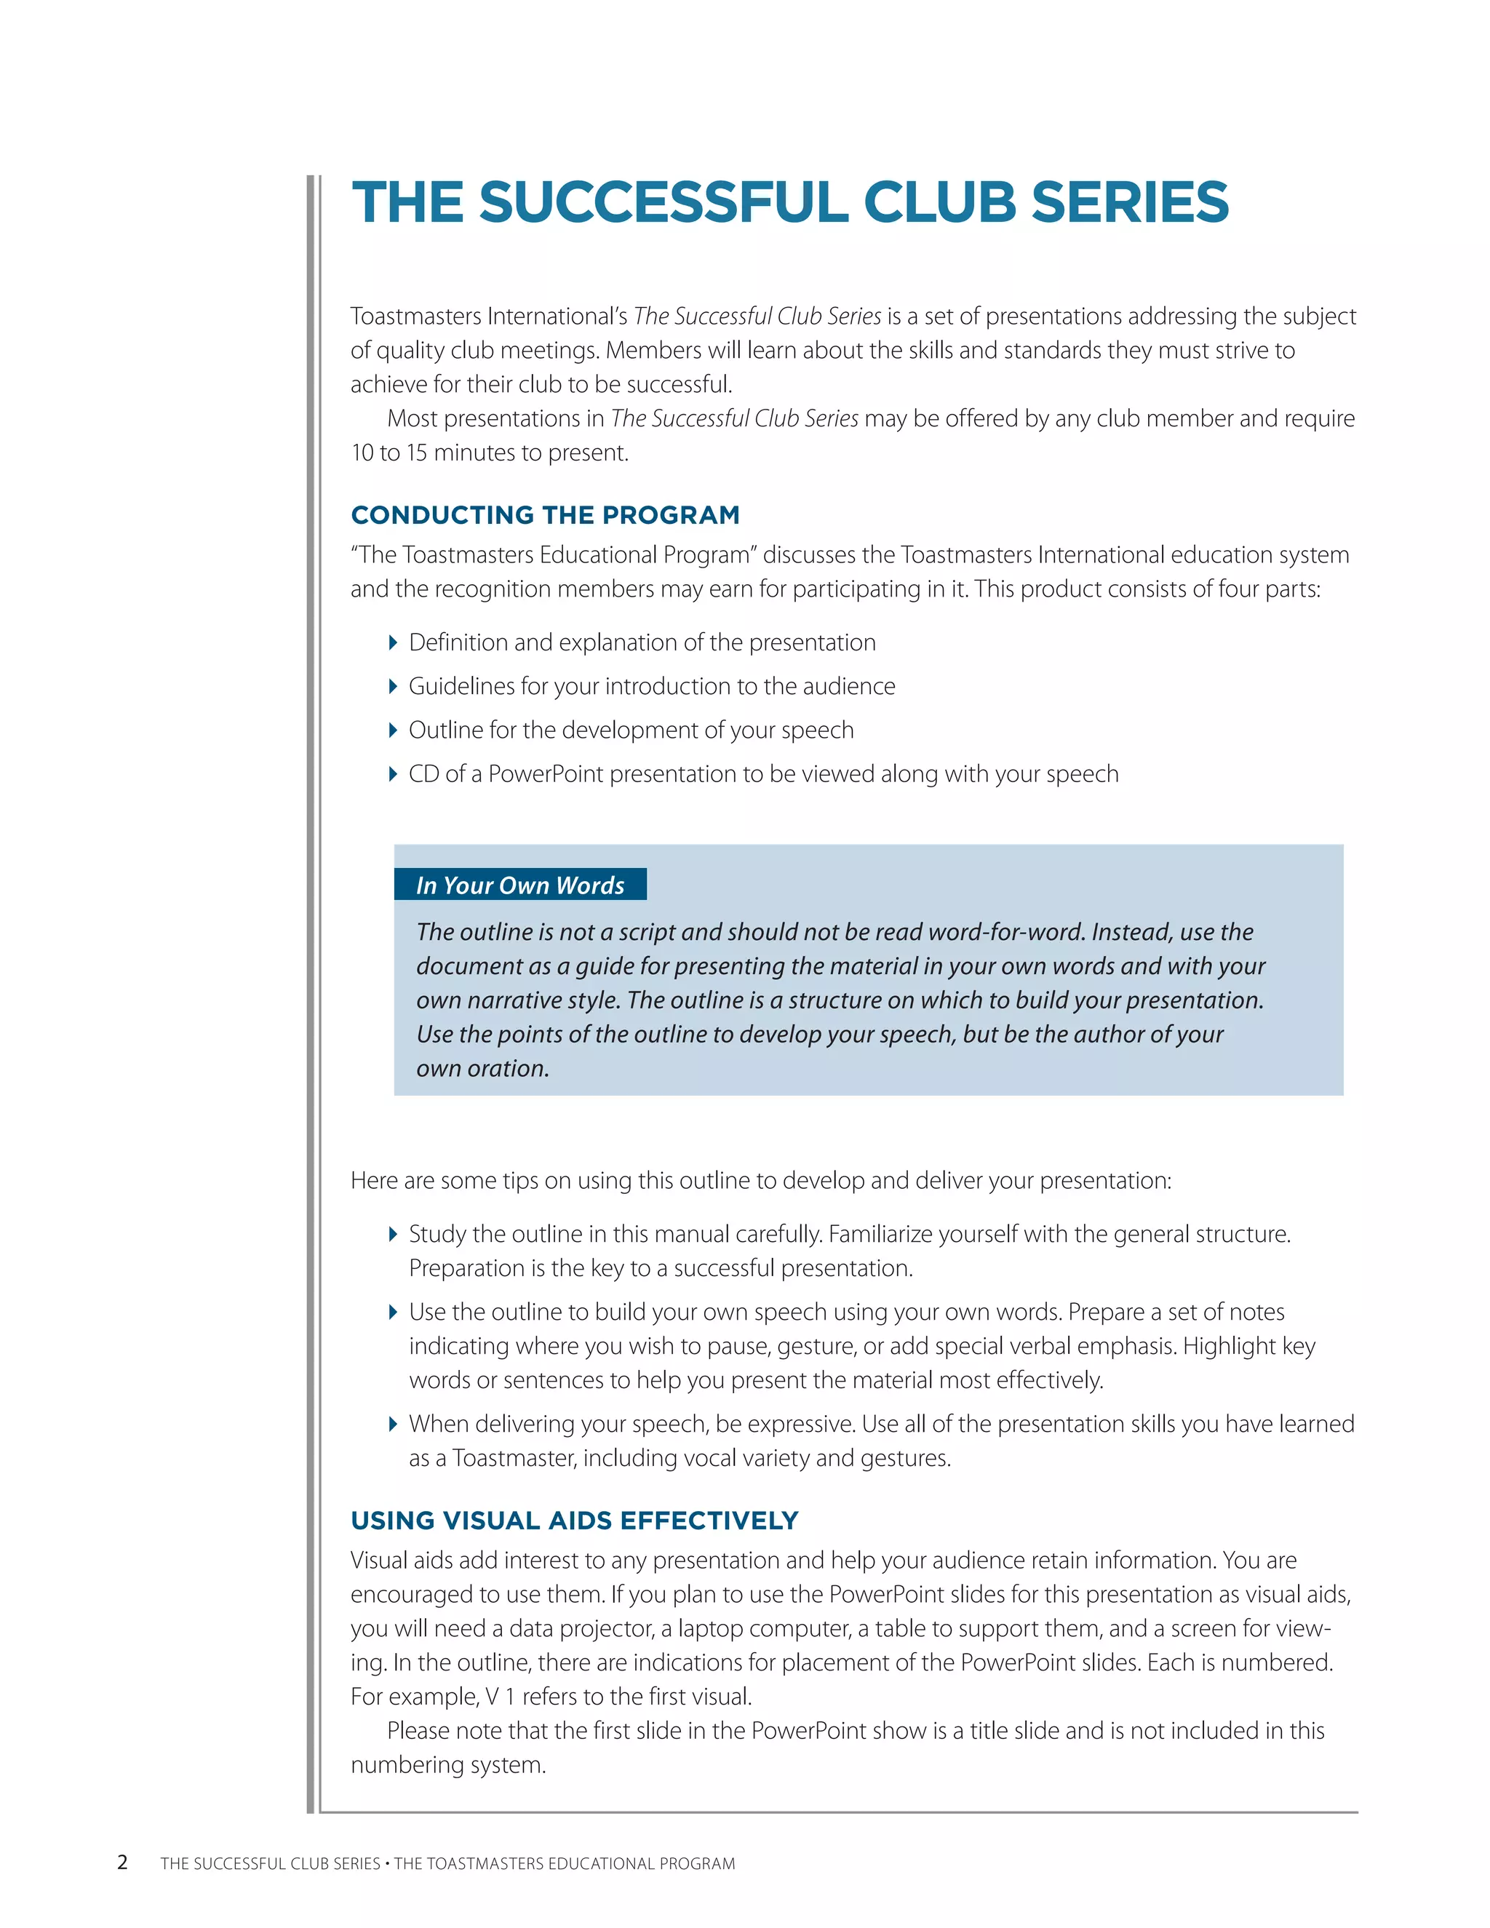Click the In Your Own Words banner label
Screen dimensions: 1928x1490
tap(520, 885)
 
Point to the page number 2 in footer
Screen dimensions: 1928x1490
tap(123, 1863)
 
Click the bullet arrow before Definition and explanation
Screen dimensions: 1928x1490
tap(393, 642)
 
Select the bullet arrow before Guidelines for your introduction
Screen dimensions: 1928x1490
tap(393, 686)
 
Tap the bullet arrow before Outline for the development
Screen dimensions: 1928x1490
tap(393, 730)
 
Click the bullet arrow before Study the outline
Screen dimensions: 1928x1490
tap(393, 1234)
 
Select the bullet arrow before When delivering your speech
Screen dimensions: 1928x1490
tap(393, 1424)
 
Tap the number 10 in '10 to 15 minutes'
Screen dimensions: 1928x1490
tap(362, 453)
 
